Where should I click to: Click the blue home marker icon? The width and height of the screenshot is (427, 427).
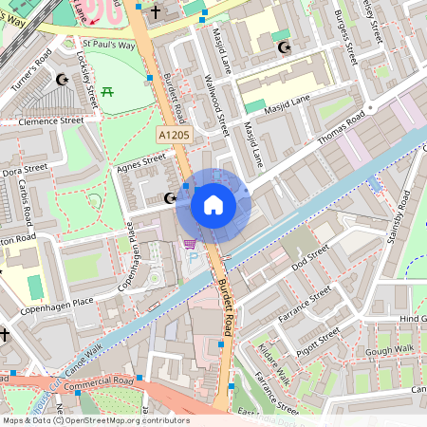pos(213,205)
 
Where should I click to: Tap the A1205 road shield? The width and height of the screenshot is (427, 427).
pos(175,137)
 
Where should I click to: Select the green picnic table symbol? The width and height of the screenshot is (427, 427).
pos(107,92)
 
